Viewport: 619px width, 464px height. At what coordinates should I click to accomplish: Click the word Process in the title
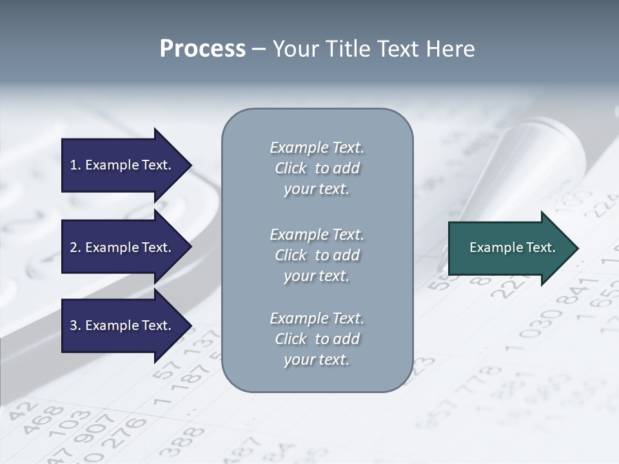pyautogui.click(x=202, y=49)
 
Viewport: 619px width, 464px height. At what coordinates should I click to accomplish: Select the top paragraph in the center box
pyautogui.click(x=317, y=168)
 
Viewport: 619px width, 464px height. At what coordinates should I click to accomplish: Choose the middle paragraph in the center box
pyautogui.click(x=317, y=255)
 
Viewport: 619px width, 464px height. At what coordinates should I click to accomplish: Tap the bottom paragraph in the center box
pyautogui.click(x=317, y=339)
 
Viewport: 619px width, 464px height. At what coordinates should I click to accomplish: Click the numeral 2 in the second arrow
pyautogui.click(x=73, y=247)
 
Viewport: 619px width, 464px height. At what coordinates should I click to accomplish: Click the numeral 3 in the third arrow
pyautogui.click(x=73, y=325)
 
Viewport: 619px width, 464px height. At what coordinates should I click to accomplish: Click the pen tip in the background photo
pyautogui.click(x=442, y=264)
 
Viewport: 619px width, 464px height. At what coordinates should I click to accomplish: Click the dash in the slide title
pyautogui.click(x=259, y=50)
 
